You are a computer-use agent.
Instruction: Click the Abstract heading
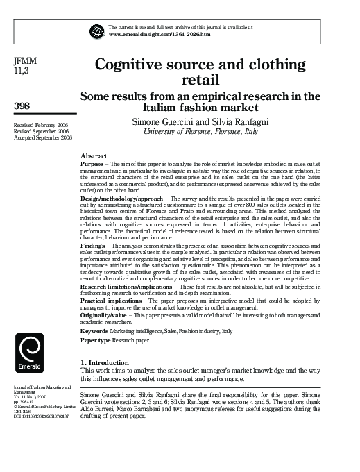click(x=94, y=156)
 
